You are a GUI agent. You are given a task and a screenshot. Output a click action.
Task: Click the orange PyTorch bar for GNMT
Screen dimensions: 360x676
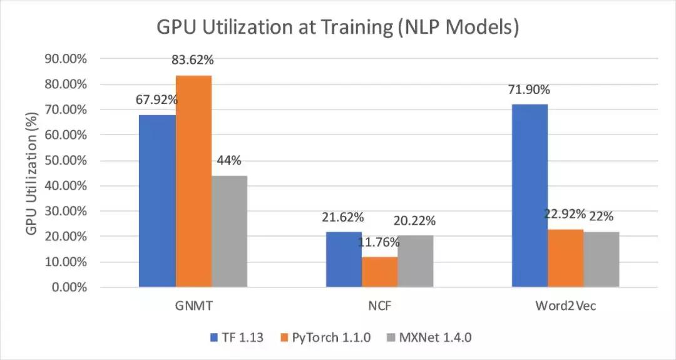(193, 182)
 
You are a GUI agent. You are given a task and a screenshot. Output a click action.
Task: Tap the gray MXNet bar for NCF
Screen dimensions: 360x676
(415, 262)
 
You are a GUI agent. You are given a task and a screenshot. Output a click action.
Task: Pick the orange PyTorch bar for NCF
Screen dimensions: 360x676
(379, 272)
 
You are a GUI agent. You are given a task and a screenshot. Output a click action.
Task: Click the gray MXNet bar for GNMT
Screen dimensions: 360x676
(229, 232)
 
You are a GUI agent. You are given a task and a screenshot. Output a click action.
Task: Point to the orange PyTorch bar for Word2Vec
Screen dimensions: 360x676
(565, 258)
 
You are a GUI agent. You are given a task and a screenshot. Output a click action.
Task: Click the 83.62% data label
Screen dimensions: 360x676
(193, 61)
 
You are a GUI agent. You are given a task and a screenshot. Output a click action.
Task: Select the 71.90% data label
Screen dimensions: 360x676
(530, 90)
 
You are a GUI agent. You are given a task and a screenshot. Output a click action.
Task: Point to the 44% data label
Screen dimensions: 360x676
(229, 160)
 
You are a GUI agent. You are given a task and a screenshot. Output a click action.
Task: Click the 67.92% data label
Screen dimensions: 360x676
(156, 100)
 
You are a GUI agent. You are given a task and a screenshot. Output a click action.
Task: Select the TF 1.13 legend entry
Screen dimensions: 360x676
(237, 337)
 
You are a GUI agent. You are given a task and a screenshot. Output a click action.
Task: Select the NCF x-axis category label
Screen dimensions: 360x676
(379, 307)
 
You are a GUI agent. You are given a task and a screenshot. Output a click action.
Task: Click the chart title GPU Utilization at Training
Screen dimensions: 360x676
(338, 29)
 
